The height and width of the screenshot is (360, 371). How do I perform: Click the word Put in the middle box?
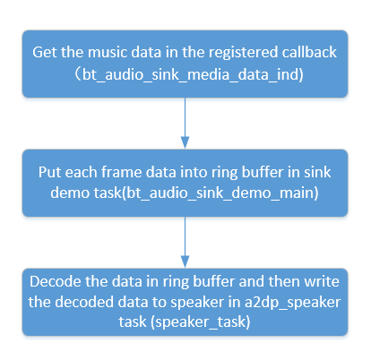(x=50, y=169)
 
